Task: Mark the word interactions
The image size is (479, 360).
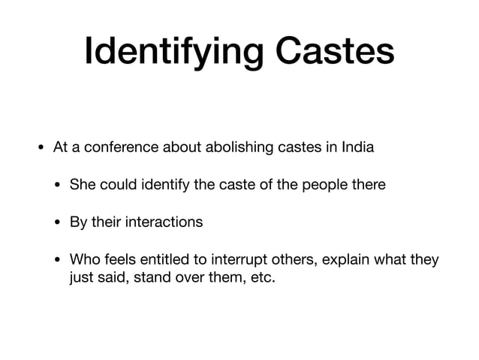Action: coord(164,222)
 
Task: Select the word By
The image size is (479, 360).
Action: coord(78,222)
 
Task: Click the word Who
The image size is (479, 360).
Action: coord(83,260)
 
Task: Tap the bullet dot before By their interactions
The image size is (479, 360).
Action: coord(57,223)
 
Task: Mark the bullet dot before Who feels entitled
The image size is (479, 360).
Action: coord(57,261)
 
